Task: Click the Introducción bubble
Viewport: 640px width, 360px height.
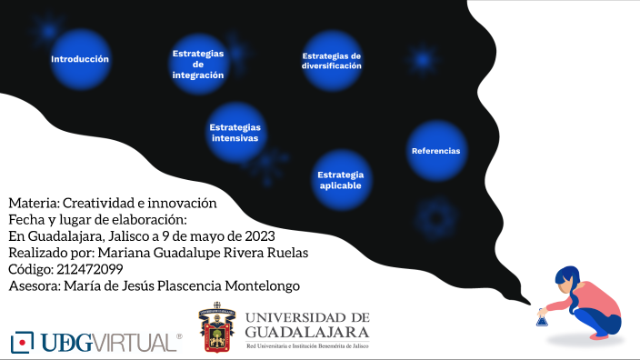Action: (x=80, y=59)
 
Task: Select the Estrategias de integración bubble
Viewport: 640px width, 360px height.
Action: (x=198, y=65)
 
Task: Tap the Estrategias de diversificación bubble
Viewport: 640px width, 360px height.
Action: (x=332, y=61)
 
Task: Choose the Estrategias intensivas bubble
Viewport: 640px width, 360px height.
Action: (x=235, y=133)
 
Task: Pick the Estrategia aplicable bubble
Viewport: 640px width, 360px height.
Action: (x=341, y=179)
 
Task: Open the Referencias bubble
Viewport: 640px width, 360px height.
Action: (x=435, y=151)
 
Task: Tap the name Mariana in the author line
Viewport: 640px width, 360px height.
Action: (x=123, y=252)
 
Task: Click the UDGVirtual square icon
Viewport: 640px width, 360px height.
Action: (x=22, y=342)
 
